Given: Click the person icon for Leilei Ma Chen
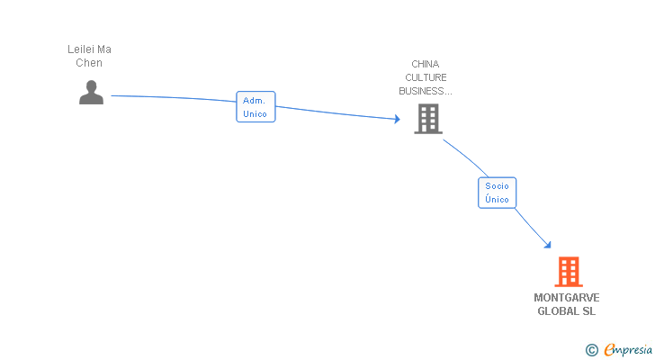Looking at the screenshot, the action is point(91,93).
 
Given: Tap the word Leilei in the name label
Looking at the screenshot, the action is point(81,49).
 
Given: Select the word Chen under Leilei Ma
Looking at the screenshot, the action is point(89,63).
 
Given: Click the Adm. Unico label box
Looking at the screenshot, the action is point(256,107).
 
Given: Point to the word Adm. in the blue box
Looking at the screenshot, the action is point(254,101).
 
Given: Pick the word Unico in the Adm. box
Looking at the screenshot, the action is point(255,114).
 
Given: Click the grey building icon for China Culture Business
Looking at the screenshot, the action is point(428,119).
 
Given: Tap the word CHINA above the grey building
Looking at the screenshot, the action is point(426,64).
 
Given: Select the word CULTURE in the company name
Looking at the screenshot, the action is point(426,77).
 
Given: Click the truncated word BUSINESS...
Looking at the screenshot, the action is point(426,91).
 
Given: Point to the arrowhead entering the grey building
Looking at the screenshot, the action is point(398,119).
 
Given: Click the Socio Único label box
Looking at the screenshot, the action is point(497,193).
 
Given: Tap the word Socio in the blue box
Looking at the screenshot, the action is point(497,186).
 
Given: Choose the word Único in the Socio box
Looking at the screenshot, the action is point(497,199).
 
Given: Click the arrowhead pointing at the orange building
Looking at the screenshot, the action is point(548,245).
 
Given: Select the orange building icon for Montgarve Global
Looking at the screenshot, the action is point(569,272).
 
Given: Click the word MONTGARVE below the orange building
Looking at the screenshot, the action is point(567,298).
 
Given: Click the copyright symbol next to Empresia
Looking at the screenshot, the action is point(591,350).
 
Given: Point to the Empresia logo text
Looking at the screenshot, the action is point(628,349).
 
